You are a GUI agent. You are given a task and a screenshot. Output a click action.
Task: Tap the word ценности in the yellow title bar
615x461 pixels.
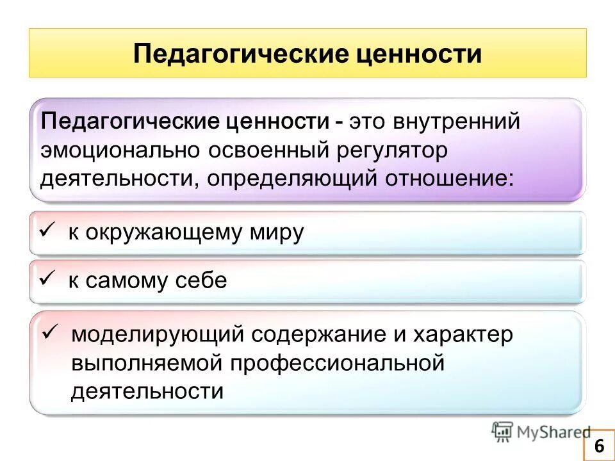coord(418,53)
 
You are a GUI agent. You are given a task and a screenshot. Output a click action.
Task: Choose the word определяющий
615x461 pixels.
coord(293,177)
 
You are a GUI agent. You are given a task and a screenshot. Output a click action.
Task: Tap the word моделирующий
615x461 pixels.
coord(157,334)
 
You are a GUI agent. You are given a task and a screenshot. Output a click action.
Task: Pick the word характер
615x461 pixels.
coord(464,334)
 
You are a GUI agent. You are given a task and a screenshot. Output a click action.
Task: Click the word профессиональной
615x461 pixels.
coord(337,362)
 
